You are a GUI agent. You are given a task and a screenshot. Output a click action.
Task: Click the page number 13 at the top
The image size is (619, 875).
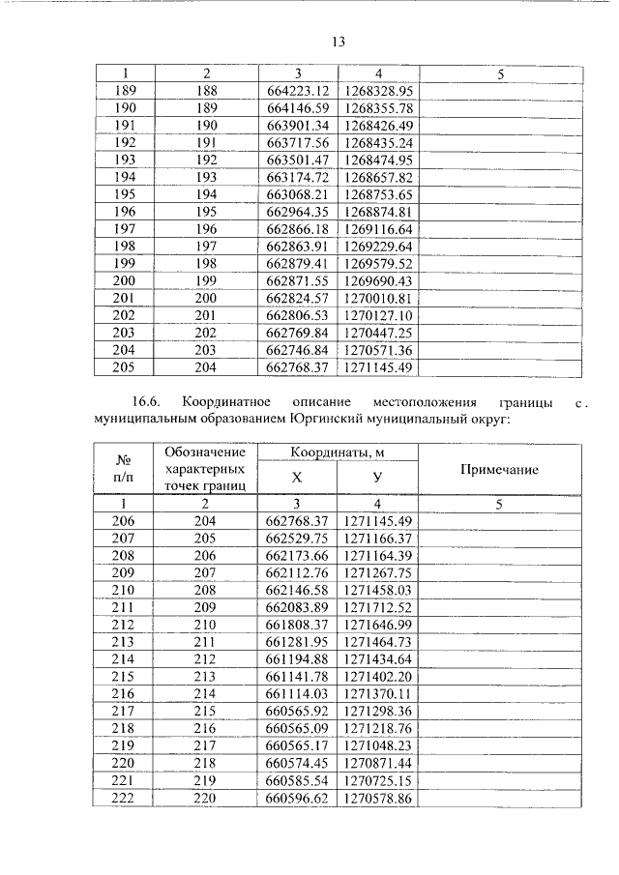[339, 42]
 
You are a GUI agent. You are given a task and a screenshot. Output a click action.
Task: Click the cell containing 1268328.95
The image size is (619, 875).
[378, 91]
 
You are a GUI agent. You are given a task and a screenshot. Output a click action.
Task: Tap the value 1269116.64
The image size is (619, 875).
[378, 229]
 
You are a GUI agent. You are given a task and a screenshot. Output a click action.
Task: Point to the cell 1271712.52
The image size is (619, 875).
[378, 606]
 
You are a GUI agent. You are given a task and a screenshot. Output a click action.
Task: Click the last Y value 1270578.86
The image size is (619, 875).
[378, 798]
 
